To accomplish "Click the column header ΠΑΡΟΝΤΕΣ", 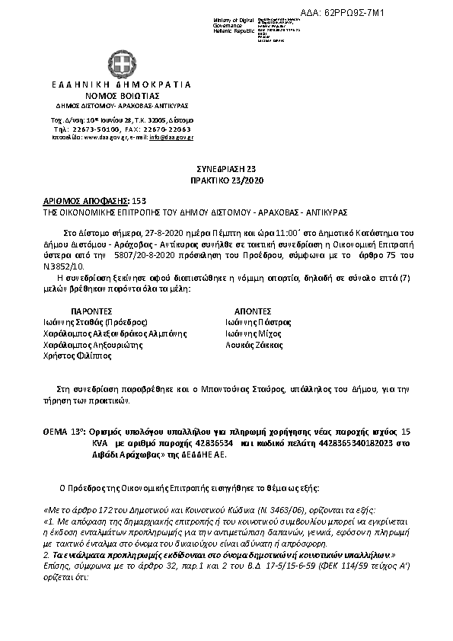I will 92,311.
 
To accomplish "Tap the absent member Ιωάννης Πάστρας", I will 258,322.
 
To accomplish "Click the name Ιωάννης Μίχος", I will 253,333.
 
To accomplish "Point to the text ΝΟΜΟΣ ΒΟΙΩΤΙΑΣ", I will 123,95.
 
